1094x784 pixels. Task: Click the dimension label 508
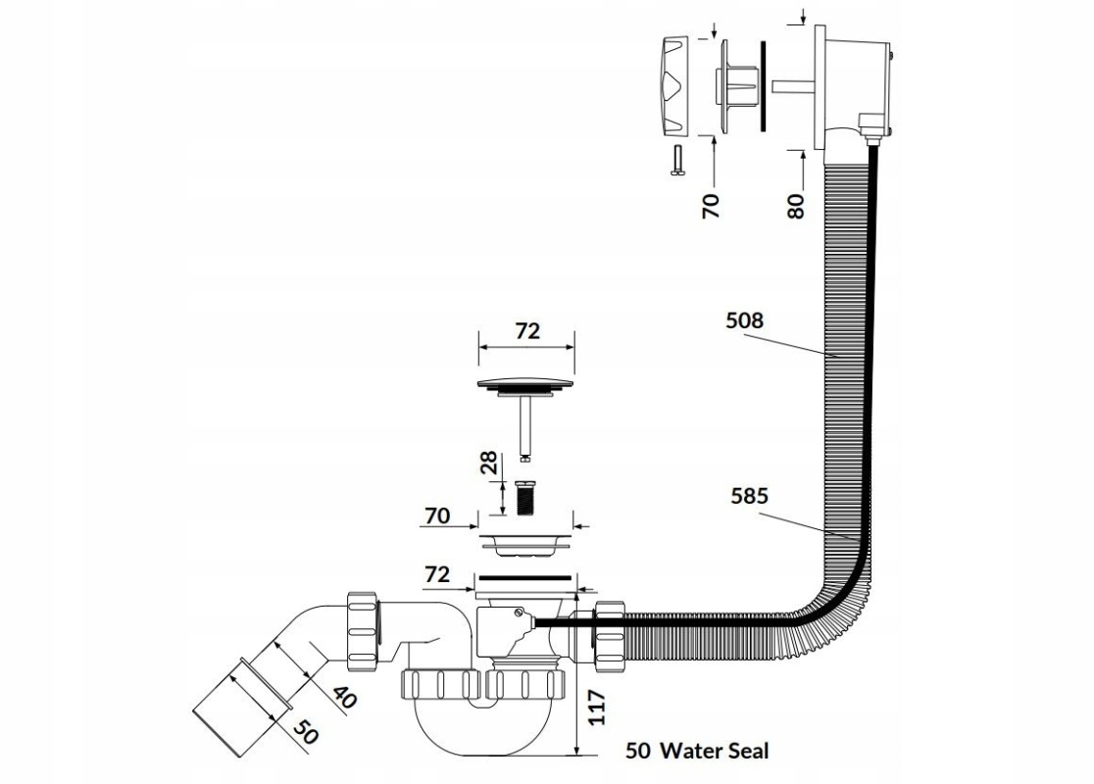click(745, 319)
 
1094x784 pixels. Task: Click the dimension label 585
click(748, 496)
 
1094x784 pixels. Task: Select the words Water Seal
click(715, 752)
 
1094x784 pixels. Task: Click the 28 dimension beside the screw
click(487, 465)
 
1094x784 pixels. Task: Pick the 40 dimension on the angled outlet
click(340, 697)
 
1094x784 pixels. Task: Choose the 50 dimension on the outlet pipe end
click(306, 730)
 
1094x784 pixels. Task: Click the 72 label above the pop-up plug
click(527, 331)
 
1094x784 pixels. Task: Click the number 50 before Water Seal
click(638, 752)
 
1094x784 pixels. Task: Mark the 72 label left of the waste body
click(437, 574)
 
